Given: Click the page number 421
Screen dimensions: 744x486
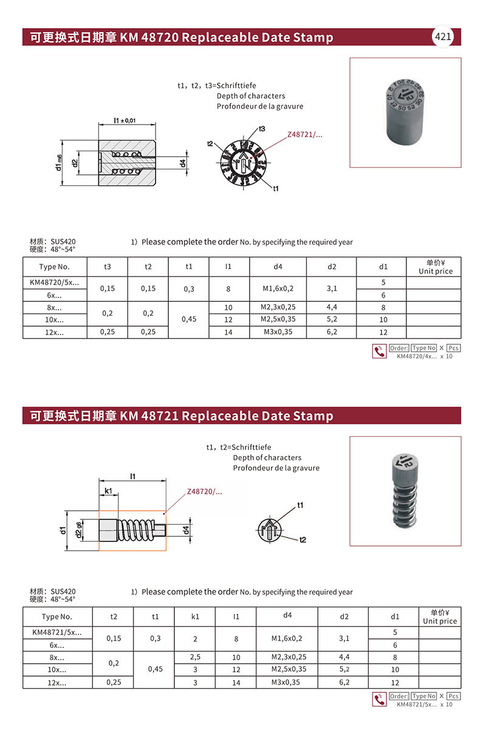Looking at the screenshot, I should pos(443,37).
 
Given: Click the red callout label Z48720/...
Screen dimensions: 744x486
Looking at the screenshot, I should pos(205,491).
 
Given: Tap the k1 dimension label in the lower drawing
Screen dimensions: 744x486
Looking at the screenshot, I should pos(108,490).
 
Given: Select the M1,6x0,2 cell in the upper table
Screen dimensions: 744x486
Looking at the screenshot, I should pos(278,288).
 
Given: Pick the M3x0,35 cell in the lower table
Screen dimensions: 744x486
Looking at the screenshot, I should pos(287,682).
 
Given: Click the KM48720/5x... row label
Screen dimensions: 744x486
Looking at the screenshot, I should pos(55,282).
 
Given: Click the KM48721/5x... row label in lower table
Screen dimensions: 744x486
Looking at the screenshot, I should pos(57,632).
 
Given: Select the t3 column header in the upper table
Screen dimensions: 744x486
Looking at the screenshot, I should pos(107,267).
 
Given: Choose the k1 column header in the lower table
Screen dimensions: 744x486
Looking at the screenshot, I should pos(195,616).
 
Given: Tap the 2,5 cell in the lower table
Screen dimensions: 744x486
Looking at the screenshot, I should pos(195,657).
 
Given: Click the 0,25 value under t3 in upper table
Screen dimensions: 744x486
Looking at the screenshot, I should pos(107,332).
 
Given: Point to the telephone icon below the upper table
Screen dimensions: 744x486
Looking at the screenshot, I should pos(379,351).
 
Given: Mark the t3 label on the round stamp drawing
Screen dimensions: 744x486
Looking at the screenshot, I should pos(262,129).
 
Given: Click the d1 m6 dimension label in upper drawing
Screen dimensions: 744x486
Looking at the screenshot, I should pos(60,163).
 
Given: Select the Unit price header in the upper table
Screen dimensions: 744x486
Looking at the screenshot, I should pos(435,267).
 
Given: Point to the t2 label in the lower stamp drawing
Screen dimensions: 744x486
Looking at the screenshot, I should pos(303,539).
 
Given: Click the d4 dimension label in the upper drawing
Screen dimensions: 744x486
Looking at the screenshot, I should pos(183,163).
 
